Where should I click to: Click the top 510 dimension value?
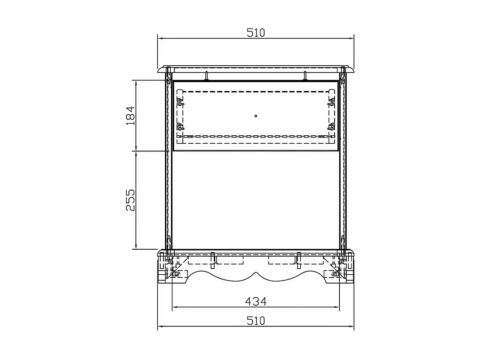tap(256, 33)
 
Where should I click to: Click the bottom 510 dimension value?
tap(256, 321)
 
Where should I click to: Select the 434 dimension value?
tap(256, 302)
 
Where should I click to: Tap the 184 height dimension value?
tap(130, 116)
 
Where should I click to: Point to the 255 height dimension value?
tap(130, 200)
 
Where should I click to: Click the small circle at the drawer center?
tap(256, 116)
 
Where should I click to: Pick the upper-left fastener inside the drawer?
tap(180, 101)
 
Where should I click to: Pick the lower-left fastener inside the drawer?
tap(180, 126)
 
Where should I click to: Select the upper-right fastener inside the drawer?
tap(331, 101)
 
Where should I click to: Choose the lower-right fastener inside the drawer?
tap(331, 126)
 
